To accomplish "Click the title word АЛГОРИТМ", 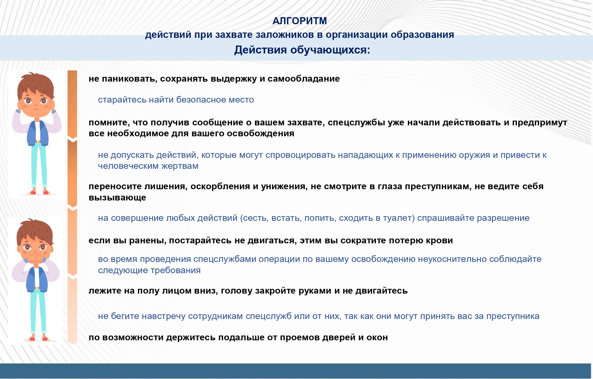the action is (x=299, y=21).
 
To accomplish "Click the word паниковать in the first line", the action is (x=129, y=79).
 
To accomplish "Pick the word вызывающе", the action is (x=117, y=198).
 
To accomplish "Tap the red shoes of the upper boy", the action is (x=39, y=192).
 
